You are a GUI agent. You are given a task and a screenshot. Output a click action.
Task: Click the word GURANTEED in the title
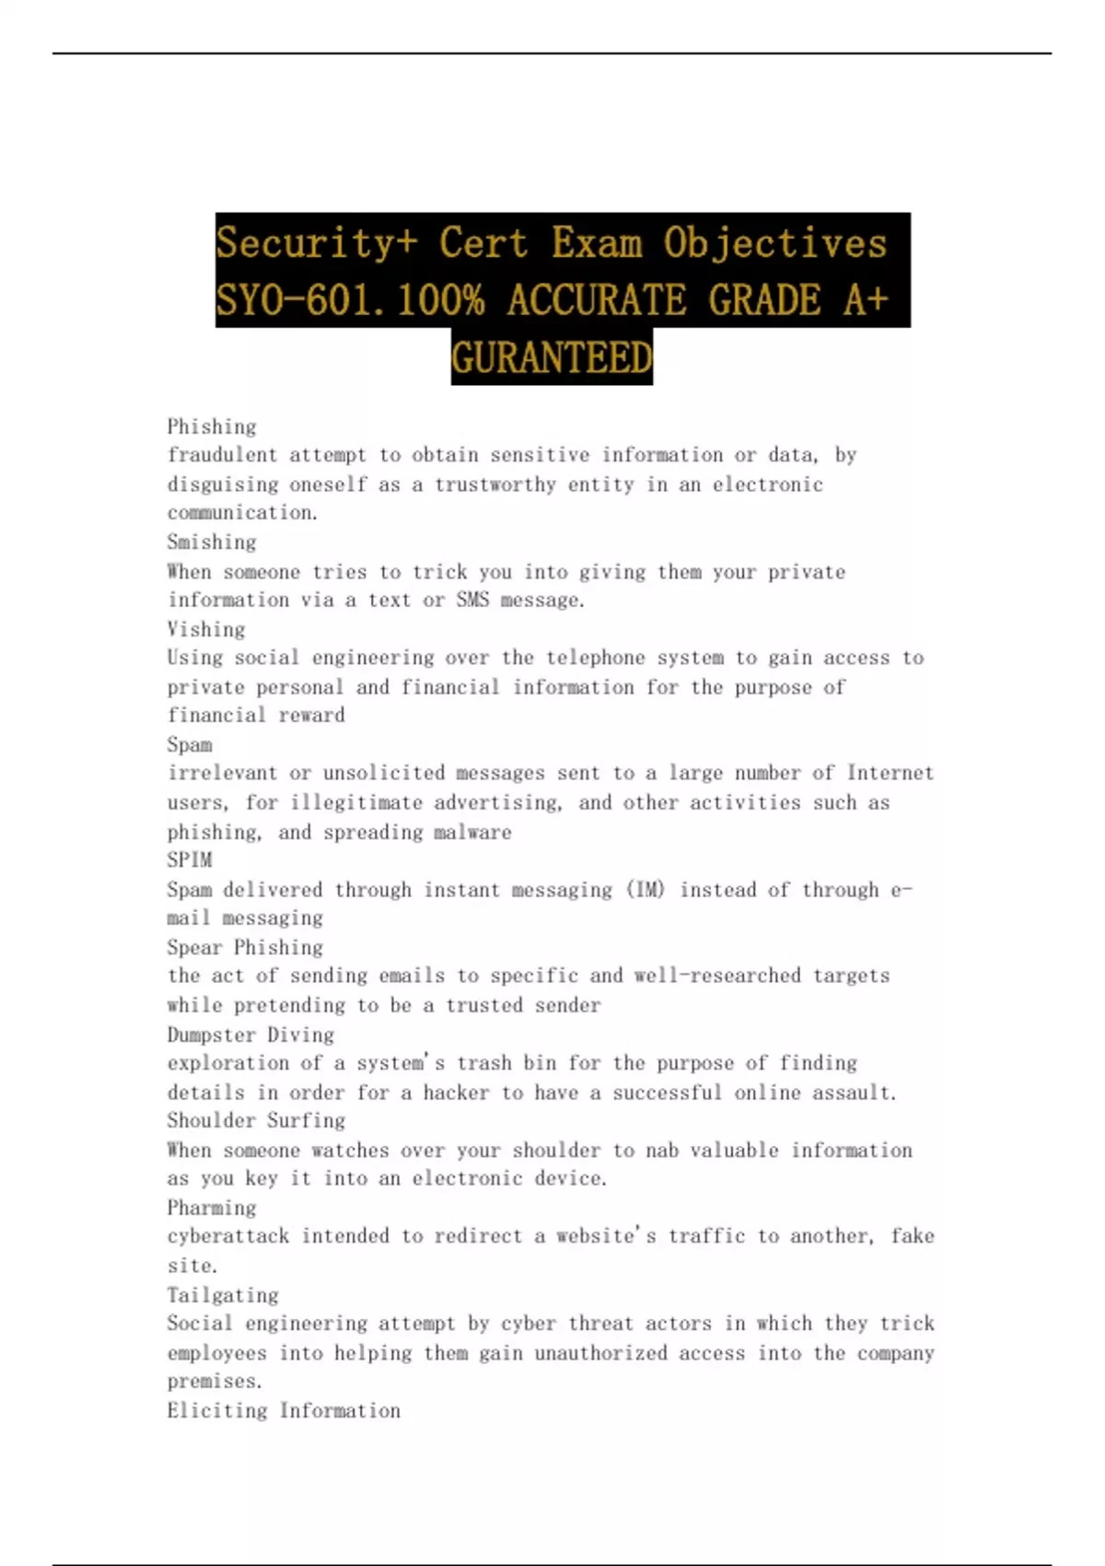[x=552, y=357]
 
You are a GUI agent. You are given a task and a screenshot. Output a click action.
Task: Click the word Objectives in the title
[x=774, y=243]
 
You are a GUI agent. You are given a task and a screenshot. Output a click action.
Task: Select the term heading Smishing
[x=212, y=542]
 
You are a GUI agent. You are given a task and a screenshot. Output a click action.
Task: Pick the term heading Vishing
[x=206, y=629]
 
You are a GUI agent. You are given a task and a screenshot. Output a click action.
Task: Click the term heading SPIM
[x=190, y=859]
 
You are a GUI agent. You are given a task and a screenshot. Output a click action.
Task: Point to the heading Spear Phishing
[x=245, y=947]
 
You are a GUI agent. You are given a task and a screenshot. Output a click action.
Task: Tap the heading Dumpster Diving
[x=250, y=1034]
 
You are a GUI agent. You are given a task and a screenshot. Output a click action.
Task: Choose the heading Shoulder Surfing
[x=256, y=1120]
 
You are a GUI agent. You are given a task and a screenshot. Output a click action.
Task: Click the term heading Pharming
[x=212, y=1208]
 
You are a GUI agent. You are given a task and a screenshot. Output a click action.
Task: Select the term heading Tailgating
[x=223, y=1295]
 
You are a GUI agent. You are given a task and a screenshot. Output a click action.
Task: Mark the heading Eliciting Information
[x=284, y=1410]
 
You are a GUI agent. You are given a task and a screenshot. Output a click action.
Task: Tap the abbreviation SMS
[x=472, y=600]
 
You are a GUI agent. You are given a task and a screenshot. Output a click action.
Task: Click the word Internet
[x=890, y=773]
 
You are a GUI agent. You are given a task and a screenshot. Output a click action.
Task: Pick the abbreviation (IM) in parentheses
[x=646, y=890]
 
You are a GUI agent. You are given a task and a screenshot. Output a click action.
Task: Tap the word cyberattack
[x=227, y=1235]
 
